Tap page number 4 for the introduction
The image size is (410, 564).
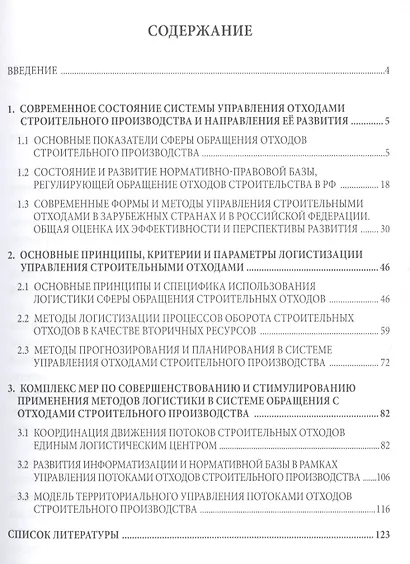(x=386, y=72)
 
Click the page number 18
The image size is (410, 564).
(x=384, y=187)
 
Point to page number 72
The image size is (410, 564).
(x=384, y=362)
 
